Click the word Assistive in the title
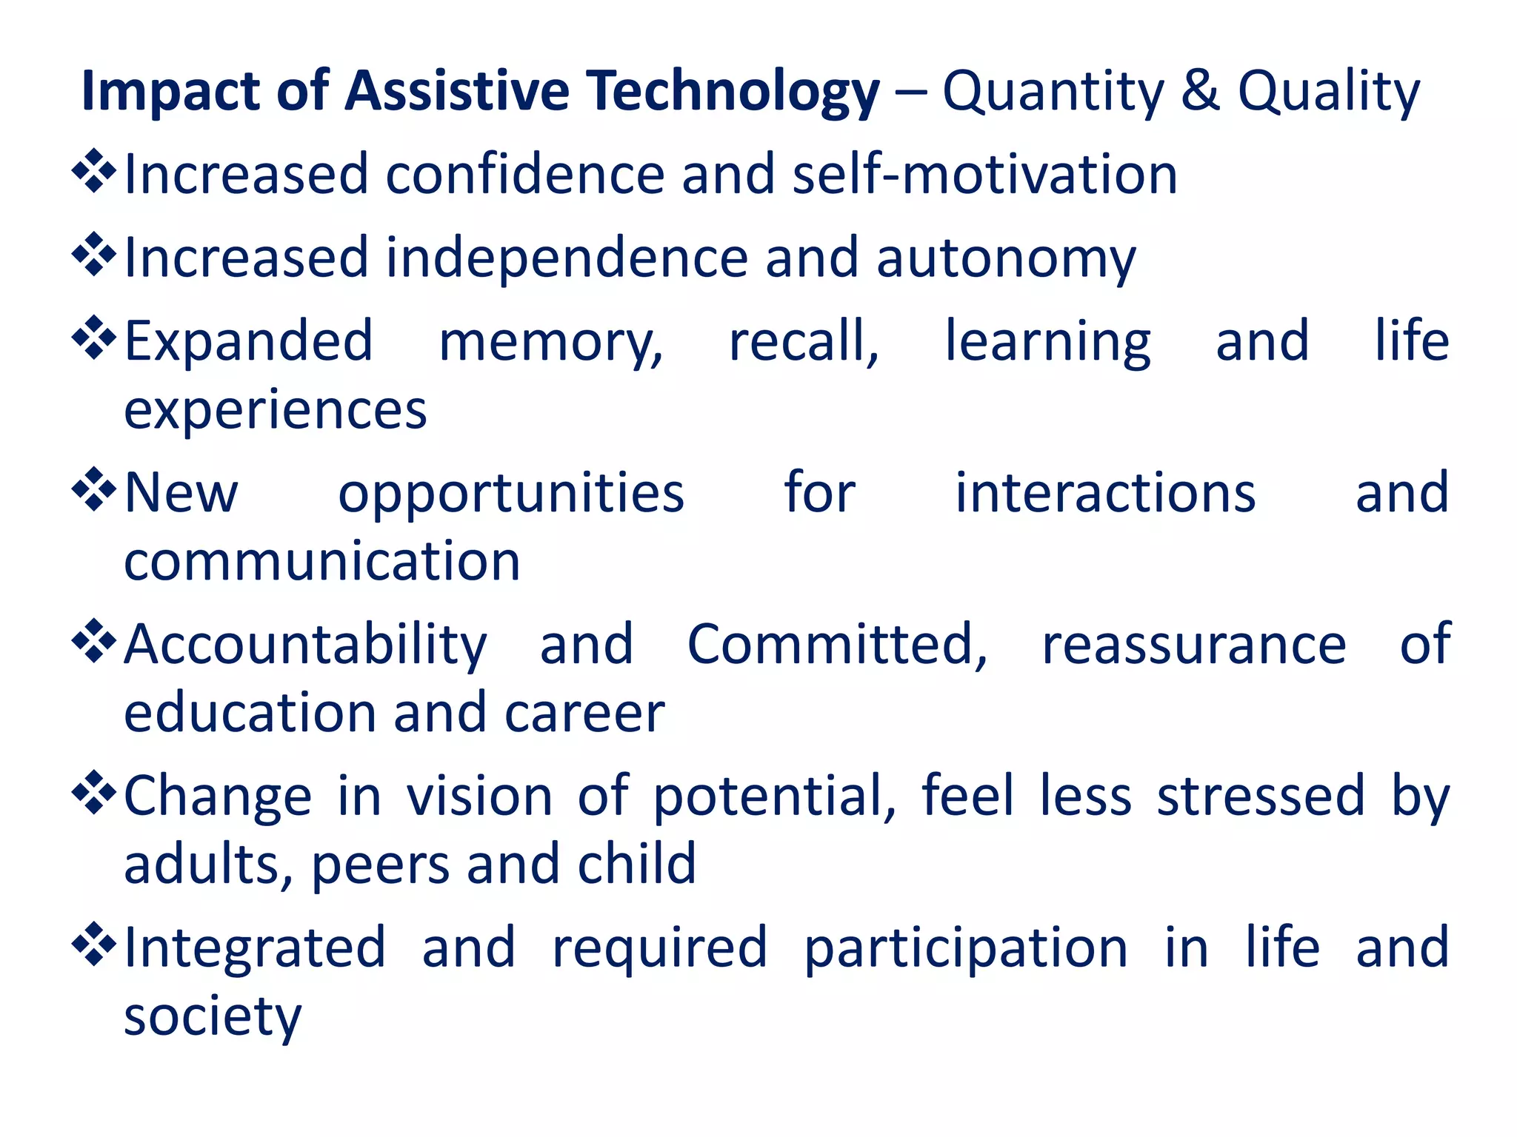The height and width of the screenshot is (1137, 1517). click(456, 91)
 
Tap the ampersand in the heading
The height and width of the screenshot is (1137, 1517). click(1200, 91)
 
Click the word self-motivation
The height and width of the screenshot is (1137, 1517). click(984, 175)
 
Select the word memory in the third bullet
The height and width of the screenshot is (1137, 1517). click(550, 342)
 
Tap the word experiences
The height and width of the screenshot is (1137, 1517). click(275, 410)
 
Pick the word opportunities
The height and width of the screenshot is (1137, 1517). click(511, 494)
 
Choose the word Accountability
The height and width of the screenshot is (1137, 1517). click(305, 645)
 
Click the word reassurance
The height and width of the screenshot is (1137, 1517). click(1193, 645)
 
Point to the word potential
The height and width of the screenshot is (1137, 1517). click(774, 797)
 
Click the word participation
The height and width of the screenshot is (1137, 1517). click(965, 948)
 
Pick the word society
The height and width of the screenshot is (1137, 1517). click(213, 1017)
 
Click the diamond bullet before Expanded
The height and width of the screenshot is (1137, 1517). click(94, 338)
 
